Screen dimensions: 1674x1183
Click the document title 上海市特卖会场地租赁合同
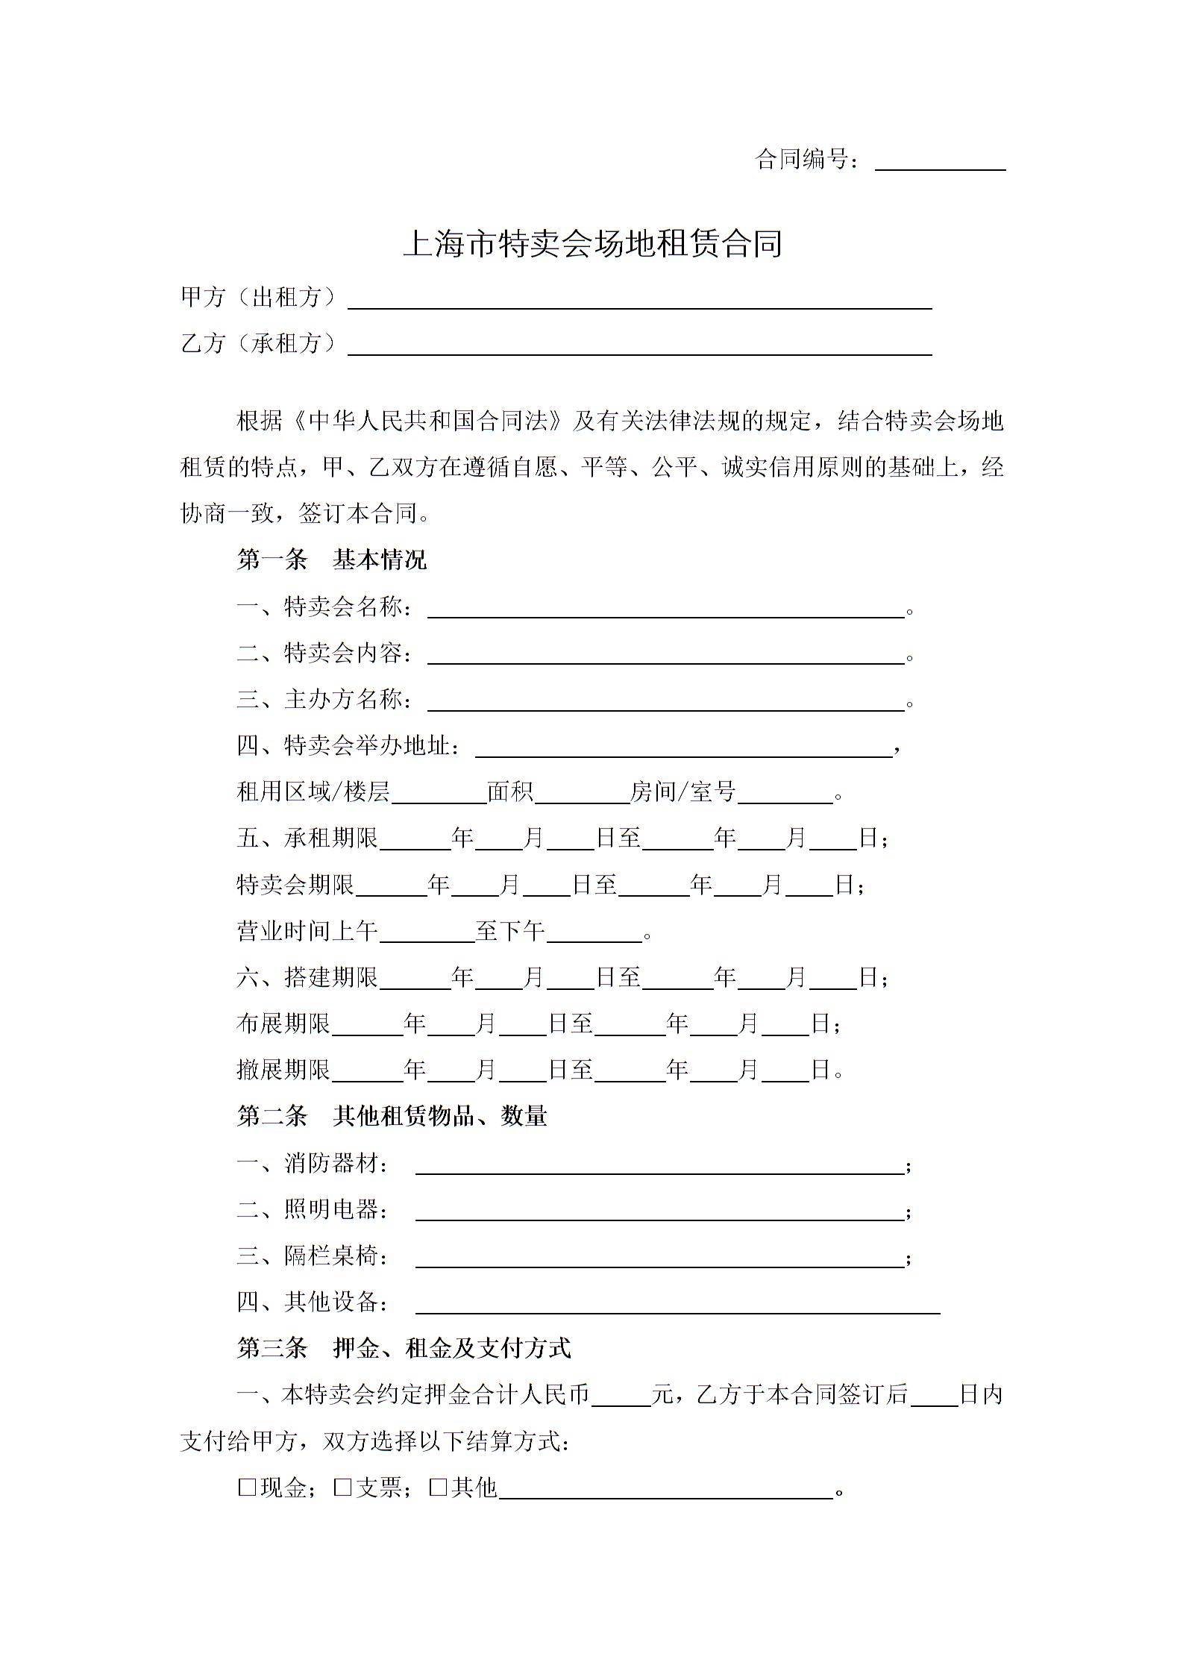[592, 244]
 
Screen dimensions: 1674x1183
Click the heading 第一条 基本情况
[331, 559]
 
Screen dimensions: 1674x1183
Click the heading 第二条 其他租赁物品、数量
[392, 1116]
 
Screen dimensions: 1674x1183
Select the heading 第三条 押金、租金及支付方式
[404, 1348]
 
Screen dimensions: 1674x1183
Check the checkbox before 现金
[247, 1488]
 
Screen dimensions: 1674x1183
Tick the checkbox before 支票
[343, 1488]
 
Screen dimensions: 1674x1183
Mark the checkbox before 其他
[439, 1488]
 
